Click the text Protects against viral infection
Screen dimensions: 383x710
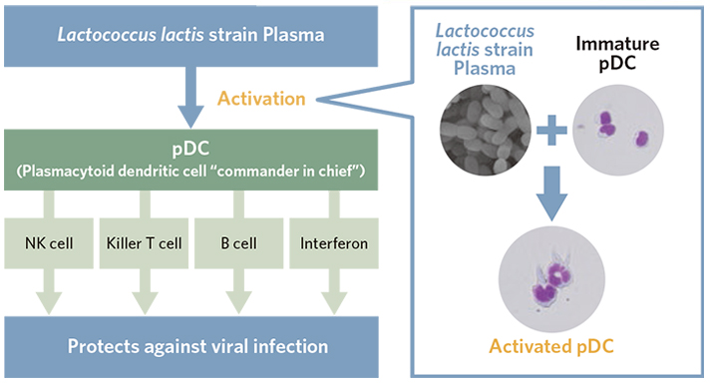[192, 347]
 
